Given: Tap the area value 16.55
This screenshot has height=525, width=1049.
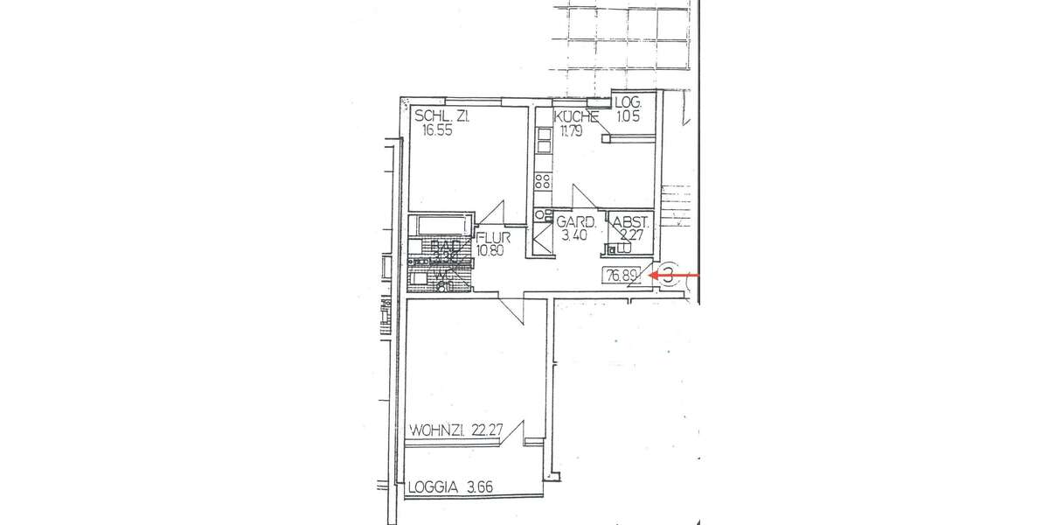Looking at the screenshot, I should pos(434,130).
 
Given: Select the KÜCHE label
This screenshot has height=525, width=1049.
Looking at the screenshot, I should pos(575,116).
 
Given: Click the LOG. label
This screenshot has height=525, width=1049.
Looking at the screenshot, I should pos(628,102).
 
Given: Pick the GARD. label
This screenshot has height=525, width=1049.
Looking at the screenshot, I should pos(577,221).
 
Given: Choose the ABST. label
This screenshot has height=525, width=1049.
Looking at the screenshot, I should pos(630,221).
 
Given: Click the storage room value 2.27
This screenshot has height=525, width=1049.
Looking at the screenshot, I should pos(630,234).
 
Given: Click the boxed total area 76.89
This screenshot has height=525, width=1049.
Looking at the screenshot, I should pos(621,276).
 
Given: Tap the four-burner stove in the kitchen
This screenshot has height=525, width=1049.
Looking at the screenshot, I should pos(542,182).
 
